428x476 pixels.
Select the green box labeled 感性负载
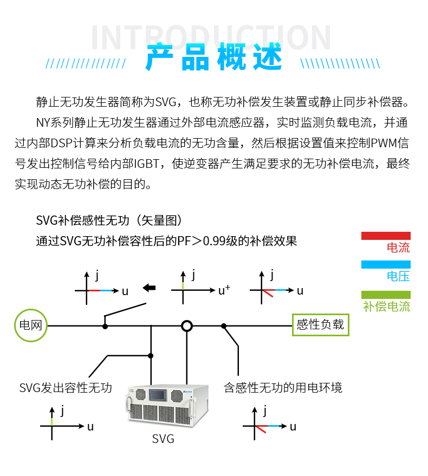tap(320, 325)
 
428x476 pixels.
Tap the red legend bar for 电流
tap(386, 236)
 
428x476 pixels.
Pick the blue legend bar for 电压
tap(386, 264)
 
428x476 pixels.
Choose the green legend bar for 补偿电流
tap(386, 295)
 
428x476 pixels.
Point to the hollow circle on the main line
tap(187, 325)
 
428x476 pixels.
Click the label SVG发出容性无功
tap(66, 388)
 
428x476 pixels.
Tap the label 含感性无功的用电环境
tap(283, 388)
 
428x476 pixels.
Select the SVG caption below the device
tap(163, 439)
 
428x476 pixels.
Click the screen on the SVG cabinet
tap(163, 394)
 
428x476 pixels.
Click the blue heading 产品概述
tap(214, 58)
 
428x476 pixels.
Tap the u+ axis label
tap(224, 290)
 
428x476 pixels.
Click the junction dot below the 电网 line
tap(151, 355)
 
